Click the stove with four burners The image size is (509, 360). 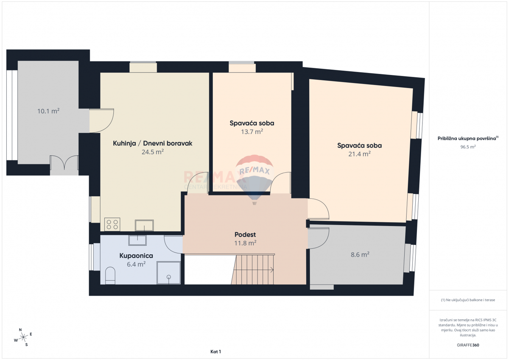[x=112, y=224]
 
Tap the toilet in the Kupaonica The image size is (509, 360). [x=110, y=276]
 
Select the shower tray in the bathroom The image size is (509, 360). [x=169, y=273]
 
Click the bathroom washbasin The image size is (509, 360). [x=137, y=240]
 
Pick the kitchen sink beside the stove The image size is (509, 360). [x=144, y=225]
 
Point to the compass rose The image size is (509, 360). [x=23, y=337]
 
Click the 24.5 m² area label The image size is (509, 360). [x=153, y=152]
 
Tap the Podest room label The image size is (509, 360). [x=245, y=234]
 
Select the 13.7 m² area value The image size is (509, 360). [x=252, y=132]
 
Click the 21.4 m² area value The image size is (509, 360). [x=360, y=154]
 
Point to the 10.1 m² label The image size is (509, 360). [x=48, y=111]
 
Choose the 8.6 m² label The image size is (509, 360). [x=360, y=254]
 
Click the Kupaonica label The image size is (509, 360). [x=136, y=256]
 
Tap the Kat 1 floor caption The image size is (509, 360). [x=215, y=352]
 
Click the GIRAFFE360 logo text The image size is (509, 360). [x=468, y=345]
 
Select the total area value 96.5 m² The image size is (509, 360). [x=468, y=147]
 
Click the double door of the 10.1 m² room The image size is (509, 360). [x=64, y=162]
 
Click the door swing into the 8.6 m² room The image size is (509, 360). [x=319, y=238]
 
